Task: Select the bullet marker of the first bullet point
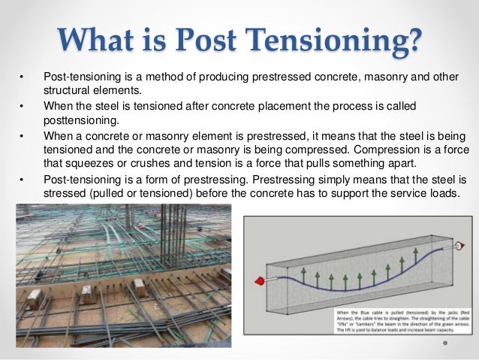tap(22, 77)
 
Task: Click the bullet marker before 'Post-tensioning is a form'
tap(22, 180)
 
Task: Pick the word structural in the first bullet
tap(68, 91)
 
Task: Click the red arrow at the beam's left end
tap(261, 281)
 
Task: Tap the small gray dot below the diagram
tap(444, 342)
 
